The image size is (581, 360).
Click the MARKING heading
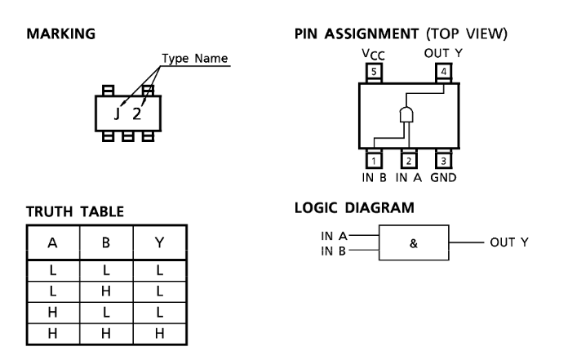click(x=60, y=33)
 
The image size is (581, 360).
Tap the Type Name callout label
click(x=194, y=59)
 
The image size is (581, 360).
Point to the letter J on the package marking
click(x=117, y=113)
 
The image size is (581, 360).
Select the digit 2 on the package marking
click(x=137, y=113)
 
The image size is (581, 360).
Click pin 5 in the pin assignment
click(x=374, y=72)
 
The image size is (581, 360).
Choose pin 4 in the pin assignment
click(x=444, y=72)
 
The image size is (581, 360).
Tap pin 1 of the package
click(x=374, y=161)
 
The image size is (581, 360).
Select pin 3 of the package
click(x=444, y=161)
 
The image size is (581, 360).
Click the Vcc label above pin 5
click(x=374, y=55)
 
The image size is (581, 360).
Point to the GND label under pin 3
click(x=443, y=178)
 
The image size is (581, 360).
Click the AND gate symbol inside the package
click(x=406, y=114)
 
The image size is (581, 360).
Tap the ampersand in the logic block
click(x=414, y=243)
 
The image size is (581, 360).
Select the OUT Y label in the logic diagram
click(x=509, y=242)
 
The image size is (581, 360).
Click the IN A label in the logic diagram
click(x=334, y=236)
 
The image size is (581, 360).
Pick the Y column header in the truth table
click(x=159, y=242)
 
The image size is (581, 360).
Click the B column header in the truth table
click(x=106, y=242)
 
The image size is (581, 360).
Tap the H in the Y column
click(x=159, y=334)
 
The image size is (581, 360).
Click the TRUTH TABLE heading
click(x=75, y=211)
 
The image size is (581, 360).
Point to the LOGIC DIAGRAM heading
click(x=354, y=207)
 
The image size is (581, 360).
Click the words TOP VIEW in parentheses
click(x=467, y=33)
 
